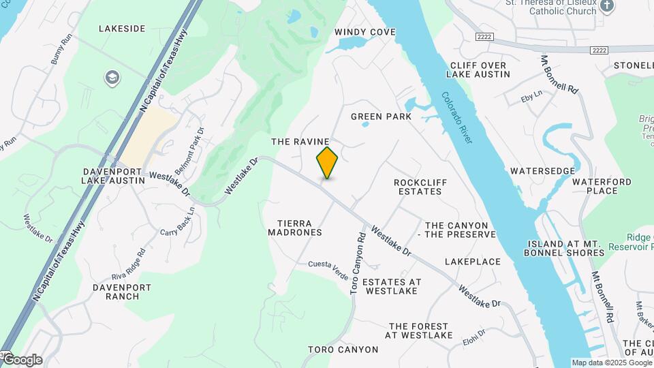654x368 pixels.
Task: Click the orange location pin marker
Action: [327, 163]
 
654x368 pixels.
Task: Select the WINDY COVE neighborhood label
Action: [365, 32]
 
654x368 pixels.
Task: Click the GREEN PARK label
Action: [381, 117]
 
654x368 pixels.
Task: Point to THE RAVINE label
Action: [300, 142]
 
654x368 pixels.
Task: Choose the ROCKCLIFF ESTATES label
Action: [418, 187]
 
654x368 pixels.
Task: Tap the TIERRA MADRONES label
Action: [299, 228]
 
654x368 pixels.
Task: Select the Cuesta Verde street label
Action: [328, 264]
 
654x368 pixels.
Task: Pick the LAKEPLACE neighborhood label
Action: [473, 262]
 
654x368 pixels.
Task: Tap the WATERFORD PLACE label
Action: [602, 186]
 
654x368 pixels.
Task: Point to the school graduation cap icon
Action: [110, 78]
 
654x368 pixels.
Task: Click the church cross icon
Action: [608, 6]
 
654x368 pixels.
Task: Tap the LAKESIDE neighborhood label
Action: [122, 29]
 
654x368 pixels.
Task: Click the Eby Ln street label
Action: [531, 97]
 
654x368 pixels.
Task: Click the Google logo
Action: [22, 360]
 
